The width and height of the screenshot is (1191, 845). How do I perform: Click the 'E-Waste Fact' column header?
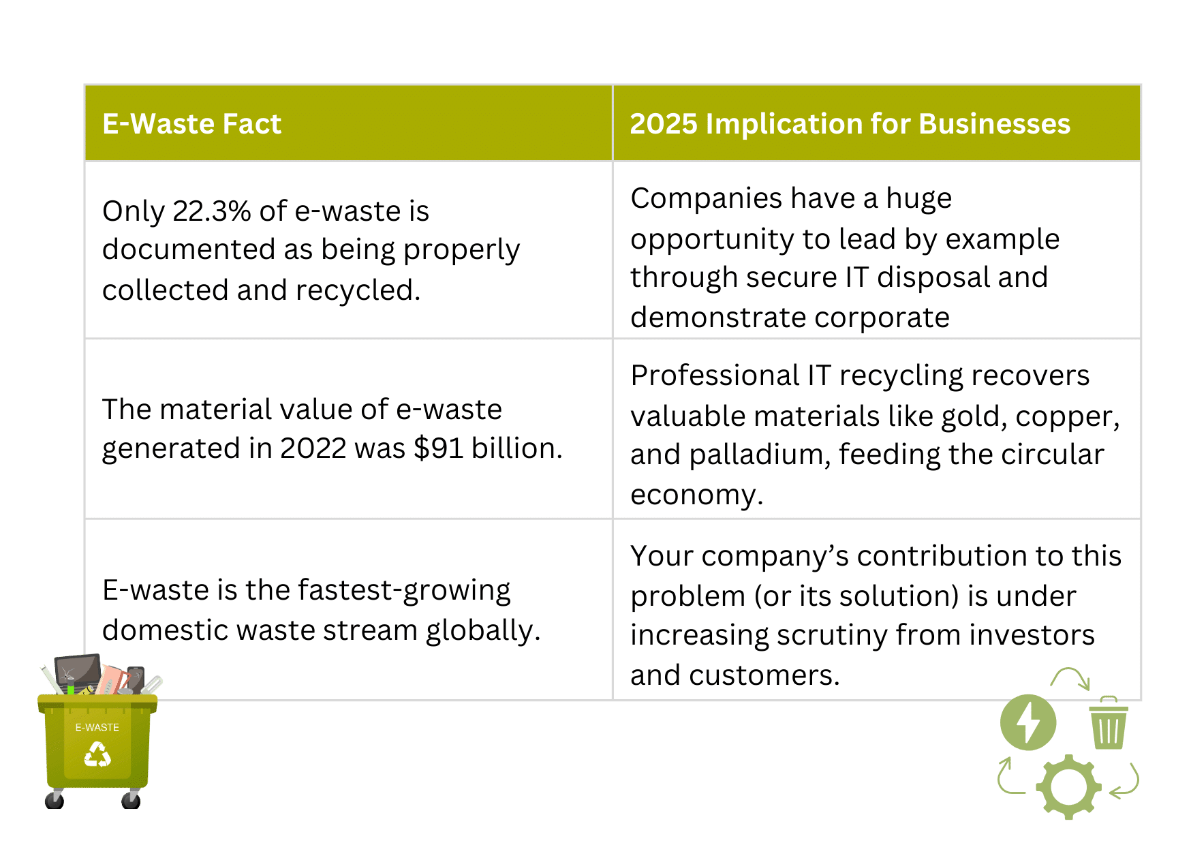191,124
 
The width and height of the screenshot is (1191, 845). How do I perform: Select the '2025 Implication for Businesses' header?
850,124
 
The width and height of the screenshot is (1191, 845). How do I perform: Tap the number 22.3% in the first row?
211,211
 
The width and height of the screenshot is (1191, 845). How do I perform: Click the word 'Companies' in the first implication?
706,199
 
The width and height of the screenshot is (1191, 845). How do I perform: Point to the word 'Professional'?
715,375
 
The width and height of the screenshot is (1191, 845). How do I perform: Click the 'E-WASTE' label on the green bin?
97,728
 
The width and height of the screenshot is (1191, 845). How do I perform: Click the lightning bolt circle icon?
1028,722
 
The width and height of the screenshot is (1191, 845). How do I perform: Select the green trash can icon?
1109,723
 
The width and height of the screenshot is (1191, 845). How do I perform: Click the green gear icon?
1068,786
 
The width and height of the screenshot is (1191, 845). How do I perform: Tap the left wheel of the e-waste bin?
55,799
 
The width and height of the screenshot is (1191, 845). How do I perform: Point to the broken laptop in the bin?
78,673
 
